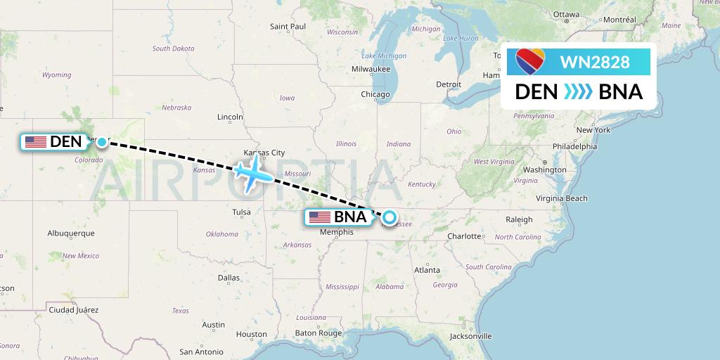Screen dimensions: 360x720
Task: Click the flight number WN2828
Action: tap(594, 63)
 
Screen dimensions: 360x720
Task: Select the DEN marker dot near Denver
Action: tap(102, 142)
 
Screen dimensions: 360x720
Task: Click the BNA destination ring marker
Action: tap(388, 217)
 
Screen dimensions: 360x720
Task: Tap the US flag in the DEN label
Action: tap(36, 142)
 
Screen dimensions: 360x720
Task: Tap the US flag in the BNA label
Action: tap(319, 217)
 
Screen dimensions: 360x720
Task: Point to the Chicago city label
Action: tap(375, 94)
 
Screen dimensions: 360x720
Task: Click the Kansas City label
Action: tap(264, 153)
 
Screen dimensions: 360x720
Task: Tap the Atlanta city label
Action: tap(427, 270)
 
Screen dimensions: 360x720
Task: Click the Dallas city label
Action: tap(229, 278)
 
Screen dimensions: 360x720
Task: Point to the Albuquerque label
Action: tap(70, 233)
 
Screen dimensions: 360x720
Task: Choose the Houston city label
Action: tap(252, 335)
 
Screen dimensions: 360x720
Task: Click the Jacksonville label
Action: tap(471, 336)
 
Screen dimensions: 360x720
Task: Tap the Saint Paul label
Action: tap(288, 27)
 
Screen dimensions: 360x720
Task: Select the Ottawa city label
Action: tap(566, 14)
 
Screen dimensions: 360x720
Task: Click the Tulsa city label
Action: tap(241, 212)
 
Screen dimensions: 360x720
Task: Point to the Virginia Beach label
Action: tap(562, 198)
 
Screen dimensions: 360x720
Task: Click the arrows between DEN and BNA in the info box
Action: tap(578, 92)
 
